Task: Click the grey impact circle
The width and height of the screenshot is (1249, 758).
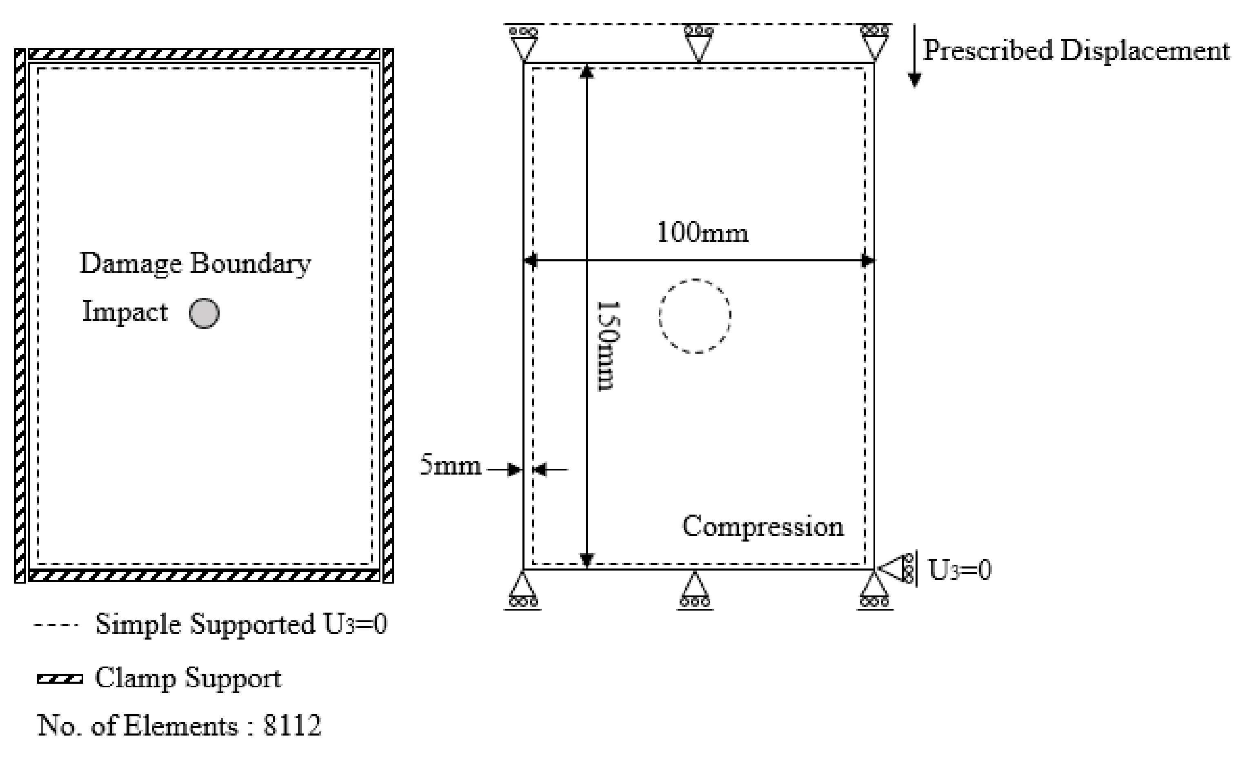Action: pos(204,313)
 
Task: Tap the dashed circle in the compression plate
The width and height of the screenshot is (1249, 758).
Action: pos(695,315)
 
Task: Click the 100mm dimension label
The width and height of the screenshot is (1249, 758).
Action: pos(702,233)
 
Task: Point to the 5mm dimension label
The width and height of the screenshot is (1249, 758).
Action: pos(451,465)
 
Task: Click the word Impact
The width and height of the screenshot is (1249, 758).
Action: pos(125,311)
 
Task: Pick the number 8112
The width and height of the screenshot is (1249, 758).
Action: pos(292,726)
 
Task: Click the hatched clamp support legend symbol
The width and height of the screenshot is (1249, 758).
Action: pos(60,678)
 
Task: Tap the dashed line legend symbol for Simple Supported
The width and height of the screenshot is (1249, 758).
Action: pos(56,624)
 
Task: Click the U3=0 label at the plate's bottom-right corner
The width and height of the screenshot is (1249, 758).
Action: pos(960,569)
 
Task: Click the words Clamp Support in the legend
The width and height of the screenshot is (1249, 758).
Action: pos(188,678)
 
